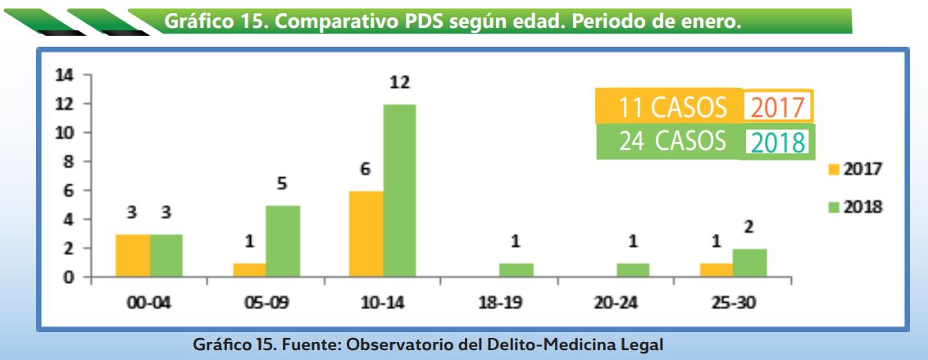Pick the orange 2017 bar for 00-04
(133, 255)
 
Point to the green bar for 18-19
(516, 270)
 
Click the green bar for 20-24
(633, 270)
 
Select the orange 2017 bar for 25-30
(716, 270)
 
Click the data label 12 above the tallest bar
(400, 83)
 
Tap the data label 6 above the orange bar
(366, 170)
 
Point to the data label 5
(283, 185)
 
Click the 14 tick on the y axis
(63, 75)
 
